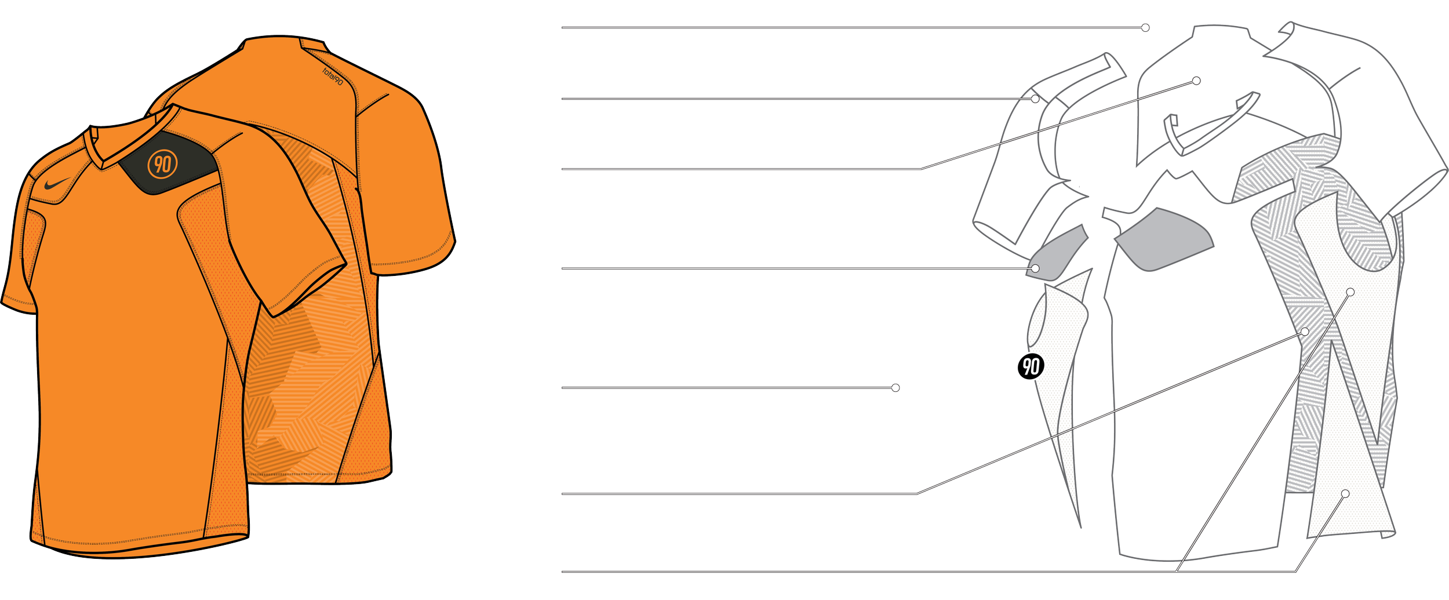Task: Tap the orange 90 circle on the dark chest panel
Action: click(162, 164)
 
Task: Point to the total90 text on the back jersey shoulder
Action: click(333, 75)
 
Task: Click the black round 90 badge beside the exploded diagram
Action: click(1031, 366)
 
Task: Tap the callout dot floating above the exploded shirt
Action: click(1145, 27)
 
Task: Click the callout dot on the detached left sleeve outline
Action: click(1035, 99)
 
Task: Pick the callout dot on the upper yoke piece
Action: click(1196, 81)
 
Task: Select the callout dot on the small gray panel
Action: click(1035, 268)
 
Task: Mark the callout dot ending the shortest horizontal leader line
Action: click(895, 387)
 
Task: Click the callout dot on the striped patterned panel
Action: click(1305, 331)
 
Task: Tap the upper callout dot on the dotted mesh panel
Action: click(1350, 292)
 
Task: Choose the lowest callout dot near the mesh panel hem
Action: click(1345, 493)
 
